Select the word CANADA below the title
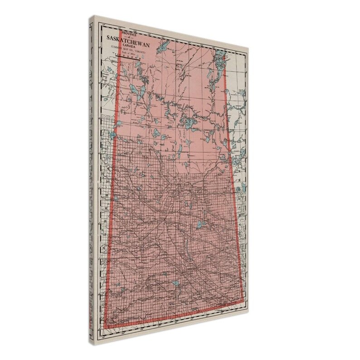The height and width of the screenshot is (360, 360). click(x=132, y=44)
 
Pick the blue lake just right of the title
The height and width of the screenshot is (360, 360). click(x=164, y=46)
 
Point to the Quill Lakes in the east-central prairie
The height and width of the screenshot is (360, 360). click(x=200, y=224)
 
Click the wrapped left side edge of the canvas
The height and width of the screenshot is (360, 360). click(x=96, y=181)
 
